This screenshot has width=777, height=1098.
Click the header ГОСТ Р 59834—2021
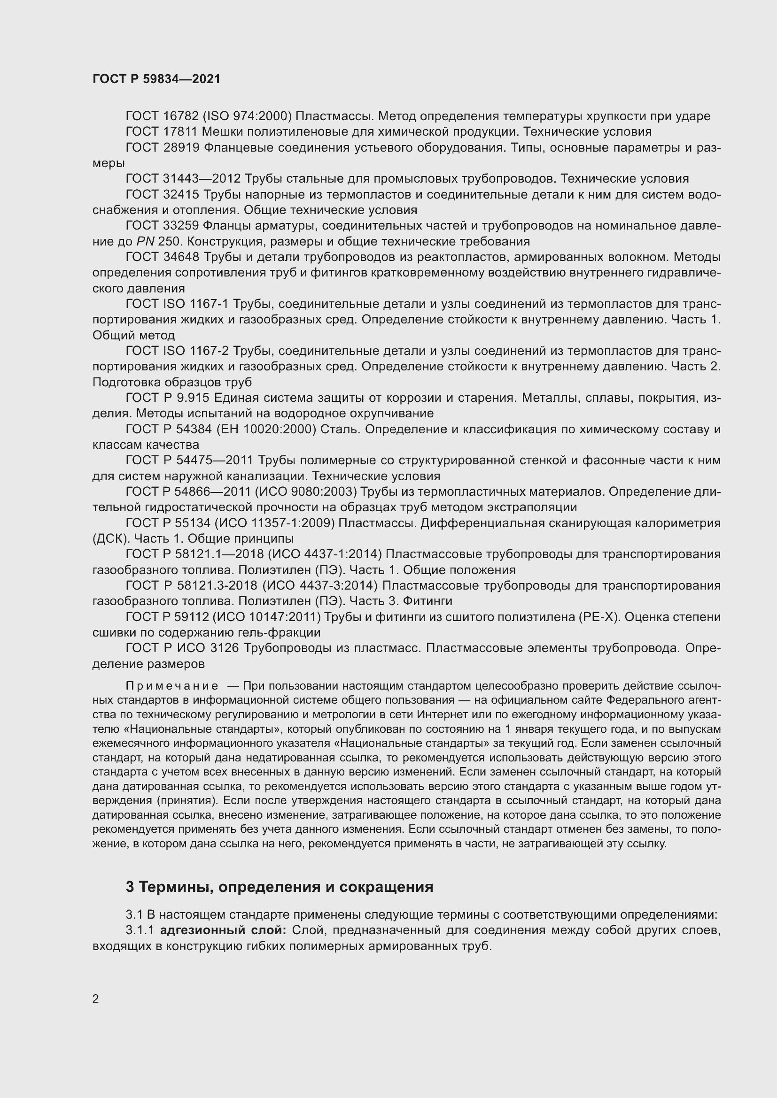point(156,79)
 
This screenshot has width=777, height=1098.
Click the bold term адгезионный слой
point(223,930)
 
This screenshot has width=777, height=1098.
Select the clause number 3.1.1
point(140,930)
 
